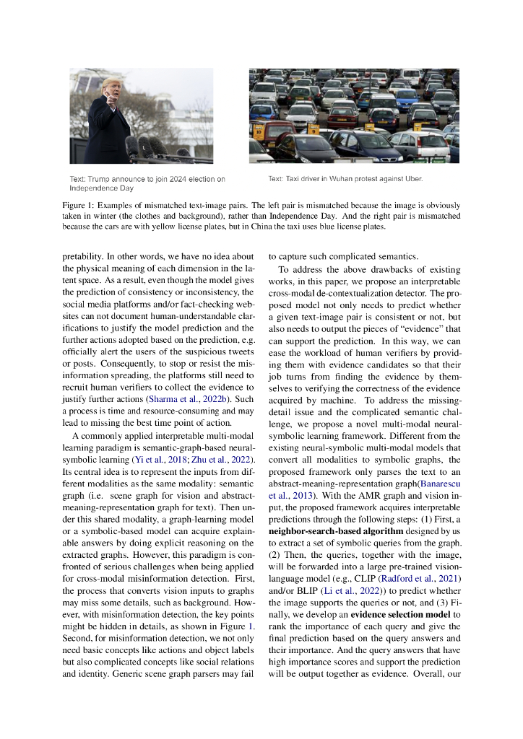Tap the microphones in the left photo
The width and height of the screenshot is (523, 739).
pos(148,148)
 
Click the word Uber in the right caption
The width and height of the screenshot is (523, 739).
pos(412,178)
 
